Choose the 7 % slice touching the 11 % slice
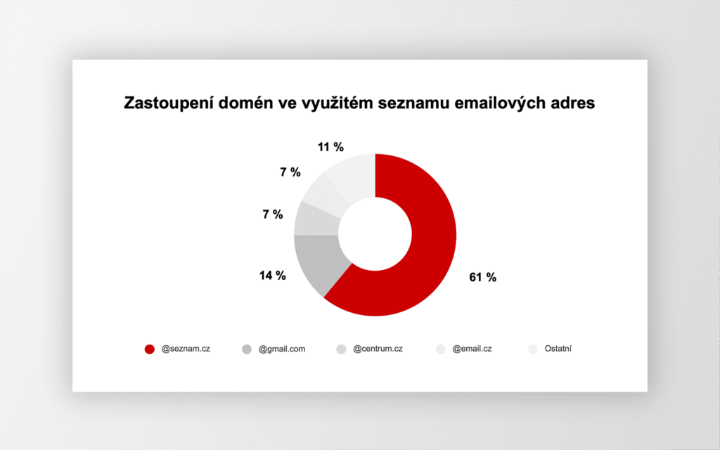tap(325, 193)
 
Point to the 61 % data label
tap(482, 277)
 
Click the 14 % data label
tap(272, 276)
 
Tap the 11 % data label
tap(330, 147)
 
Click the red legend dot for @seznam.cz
tap(150, 349)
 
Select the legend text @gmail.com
tap(282, 349)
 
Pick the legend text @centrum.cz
tap(378, 349)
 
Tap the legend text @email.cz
tap(472, 349)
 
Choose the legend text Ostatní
tap(558, 349)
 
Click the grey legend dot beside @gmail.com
tap(247, 349)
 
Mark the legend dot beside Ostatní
tap(533, 349)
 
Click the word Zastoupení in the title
tap(169, 103)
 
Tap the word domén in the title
tap(245, 103)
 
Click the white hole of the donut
tap(375, 234)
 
